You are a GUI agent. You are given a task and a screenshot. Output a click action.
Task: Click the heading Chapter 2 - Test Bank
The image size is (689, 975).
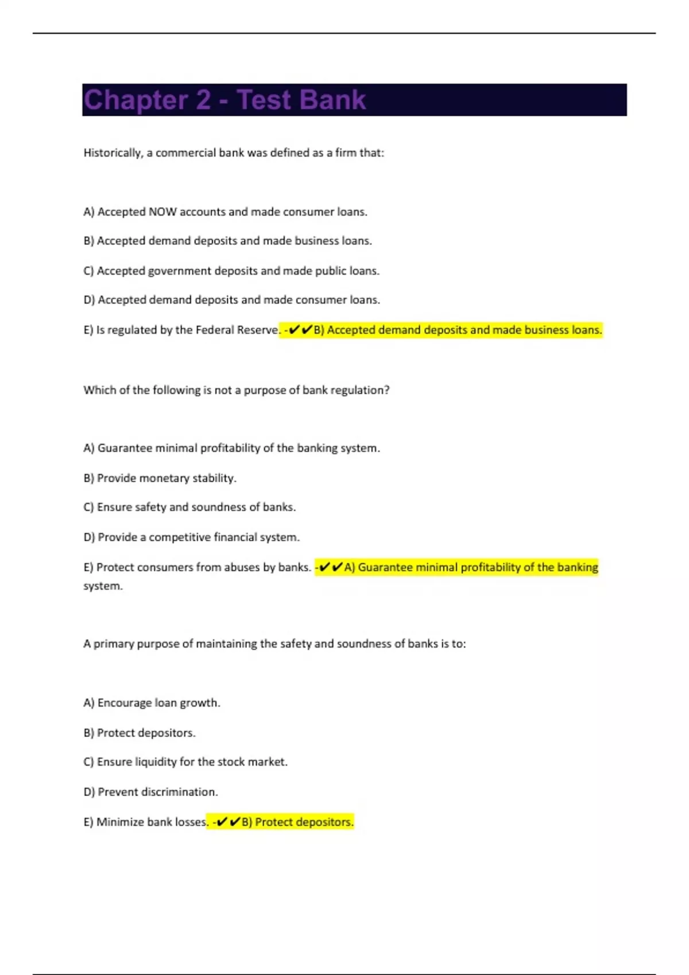pyautogui.click(x=224, y=100)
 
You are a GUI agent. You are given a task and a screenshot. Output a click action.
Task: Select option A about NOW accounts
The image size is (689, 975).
pyautogui.click(x=225, y=212)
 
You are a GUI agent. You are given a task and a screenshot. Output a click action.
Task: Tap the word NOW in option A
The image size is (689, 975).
pyautogui.click(x=162, y=212)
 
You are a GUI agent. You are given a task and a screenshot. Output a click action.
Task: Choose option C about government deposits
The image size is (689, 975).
pyautogui.click(x=231, y=271)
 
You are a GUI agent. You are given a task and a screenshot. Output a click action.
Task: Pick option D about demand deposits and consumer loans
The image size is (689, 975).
pyautogui.click(x=231, y=300)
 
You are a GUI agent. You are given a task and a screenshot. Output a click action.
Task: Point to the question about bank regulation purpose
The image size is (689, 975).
pyautogui.click(x=236, y=390)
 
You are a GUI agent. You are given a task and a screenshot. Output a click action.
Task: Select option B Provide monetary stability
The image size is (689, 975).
pyautogui.click(x=160, y=478)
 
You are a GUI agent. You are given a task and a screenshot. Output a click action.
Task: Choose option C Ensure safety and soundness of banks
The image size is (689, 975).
pyautogui.click(x=189, y=507)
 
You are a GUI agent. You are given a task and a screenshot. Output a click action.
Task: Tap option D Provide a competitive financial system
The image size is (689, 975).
pyautogui.click(x=191, y=537)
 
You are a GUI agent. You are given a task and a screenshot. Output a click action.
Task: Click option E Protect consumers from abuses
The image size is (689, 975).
pyautogui.click(x=197, y=567)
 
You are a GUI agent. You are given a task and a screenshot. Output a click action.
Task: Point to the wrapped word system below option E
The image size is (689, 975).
pyautogui.click(x=103, y=586)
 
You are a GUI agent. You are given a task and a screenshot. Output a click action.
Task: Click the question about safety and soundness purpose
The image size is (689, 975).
pyautogui.click(x=274, y=644)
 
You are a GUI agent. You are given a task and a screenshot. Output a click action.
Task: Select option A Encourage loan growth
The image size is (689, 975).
pyautogui.click(x=152, y=703)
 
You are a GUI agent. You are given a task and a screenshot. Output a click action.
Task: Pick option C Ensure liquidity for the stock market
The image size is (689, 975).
pyautogui.click(x=185, y=762)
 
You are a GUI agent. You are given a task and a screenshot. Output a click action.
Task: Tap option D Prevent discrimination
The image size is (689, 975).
pyautogui.click(x=150, y=792)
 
